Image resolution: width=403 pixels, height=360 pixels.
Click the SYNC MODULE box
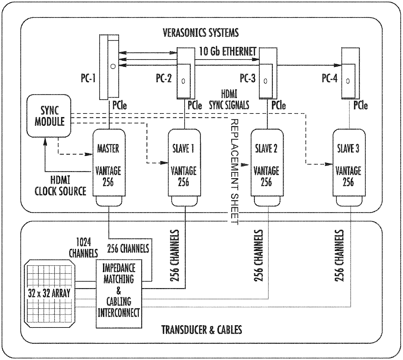click(49, 116)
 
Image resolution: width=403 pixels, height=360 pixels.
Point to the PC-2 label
click(164, 78)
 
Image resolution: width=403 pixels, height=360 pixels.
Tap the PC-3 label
click(248, 78)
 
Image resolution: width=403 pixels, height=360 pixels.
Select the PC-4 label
click(330, 78)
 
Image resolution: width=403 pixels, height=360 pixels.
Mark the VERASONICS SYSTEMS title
click(201, 33)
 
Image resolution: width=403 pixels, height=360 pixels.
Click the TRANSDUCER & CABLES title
click(201, 330)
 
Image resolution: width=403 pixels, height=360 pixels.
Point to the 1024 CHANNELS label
click(83, 248)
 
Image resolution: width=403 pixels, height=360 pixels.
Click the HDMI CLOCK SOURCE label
click(60, 185)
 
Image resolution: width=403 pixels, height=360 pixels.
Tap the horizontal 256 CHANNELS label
click(128, 248)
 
